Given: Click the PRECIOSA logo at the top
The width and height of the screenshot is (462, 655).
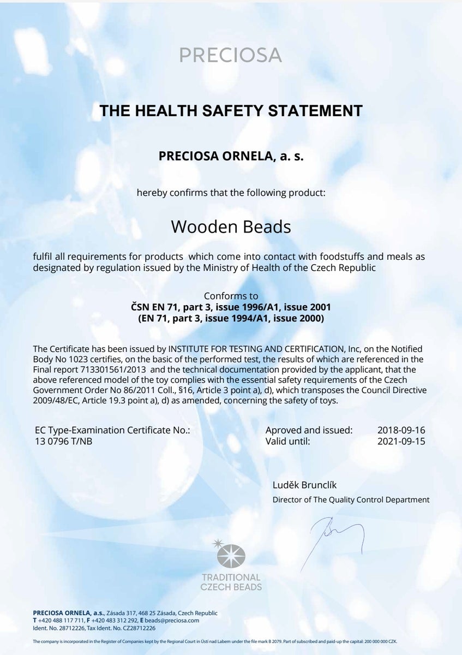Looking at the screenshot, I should point(231,55).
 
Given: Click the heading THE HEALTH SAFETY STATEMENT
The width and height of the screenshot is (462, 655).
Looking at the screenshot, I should point(231,111).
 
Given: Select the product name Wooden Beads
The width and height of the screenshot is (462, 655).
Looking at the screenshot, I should point(231,226).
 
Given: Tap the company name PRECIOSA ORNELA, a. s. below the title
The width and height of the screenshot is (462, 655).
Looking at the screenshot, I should point(231,156).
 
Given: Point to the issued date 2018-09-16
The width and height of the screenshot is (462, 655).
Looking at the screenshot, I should point(401,430).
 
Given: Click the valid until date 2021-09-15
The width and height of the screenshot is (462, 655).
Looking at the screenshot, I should point(401,441).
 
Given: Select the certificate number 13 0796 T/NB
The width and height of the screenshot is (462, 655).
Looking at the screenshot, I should point(63,441).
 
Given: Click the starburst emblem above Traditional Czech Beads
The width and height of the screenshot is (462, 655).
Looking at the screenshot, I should point(231,555).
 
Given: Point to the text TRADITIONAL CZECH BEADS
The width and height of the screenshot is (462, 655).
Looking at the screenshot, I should point(231,582).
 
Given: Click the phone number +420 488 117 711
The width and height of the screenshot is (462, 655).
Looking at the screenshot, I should point(61,620).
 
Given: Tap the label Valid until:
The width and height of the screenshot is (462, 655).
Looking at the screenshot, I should point(287,441).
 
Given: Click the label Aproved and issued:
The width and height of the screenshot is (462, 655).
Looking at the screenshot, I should point(309,430).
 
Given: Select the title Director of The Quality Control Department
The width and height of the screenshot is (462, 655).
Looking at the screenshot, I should point(351,499).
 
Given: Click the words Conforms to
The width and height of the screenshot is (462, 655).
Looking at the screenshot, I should point(231,296).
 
